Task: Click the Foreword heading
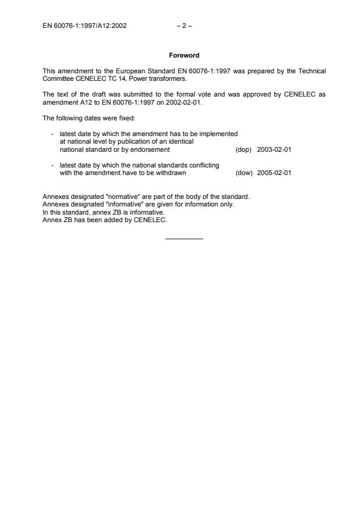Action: (x=184, y=56)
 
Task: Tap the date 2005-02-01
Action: (x=274, y=173)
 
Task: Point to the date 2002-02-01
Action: (x=183, y=102)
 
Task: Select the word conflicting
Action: (x=203, y=165)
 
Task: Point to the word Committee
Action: (x=57, y=79)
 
